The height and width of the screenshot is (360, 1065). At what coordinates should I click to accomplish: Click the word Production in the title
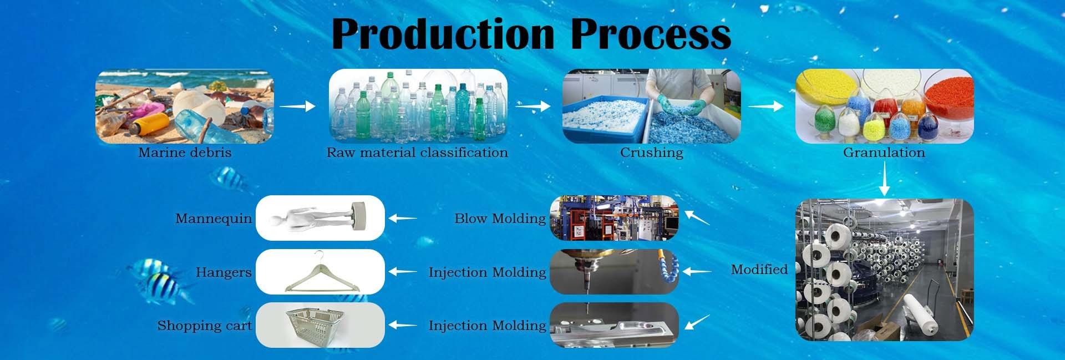pos(443,34)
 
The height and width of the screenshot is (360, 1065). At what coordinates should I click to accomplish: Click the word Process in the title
pos(650,34)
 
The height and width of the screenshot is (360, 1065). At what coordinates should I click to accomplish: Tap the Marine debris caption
pos(185,153)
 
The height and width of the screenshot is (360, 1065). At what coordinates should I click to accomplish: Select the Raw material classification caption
pos(417,153)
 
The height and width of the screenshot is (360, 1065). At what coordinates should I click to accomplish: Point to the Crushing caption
pos(652,153)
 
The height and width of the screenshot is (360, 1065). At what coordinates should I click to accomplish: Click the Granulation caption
pos(884,153)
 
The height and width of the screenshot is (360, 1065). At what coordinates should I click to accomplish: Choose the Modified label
pos(759,270)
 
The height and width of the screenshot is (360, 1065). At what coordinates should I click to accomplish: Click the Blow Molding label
pos(500,219)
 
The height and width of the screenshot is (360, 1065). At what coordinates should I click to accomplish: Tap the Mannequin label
pos(214,219)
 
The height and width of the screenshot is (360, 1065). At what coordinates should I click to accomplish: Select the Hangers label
pos(224,272)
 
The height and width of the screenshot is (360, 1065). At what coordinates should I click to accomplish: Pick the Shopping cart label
pos(204,326)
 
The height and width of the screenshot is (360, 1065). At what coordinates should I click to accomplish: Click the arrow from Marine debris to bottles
pos(297,106)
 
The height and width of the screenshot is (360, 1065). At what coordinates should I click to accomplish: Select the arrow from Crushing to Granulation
pos(766,106)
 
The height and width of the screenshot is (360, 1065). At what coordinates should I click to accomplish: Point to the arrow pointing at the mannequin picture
pos(402,219)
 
